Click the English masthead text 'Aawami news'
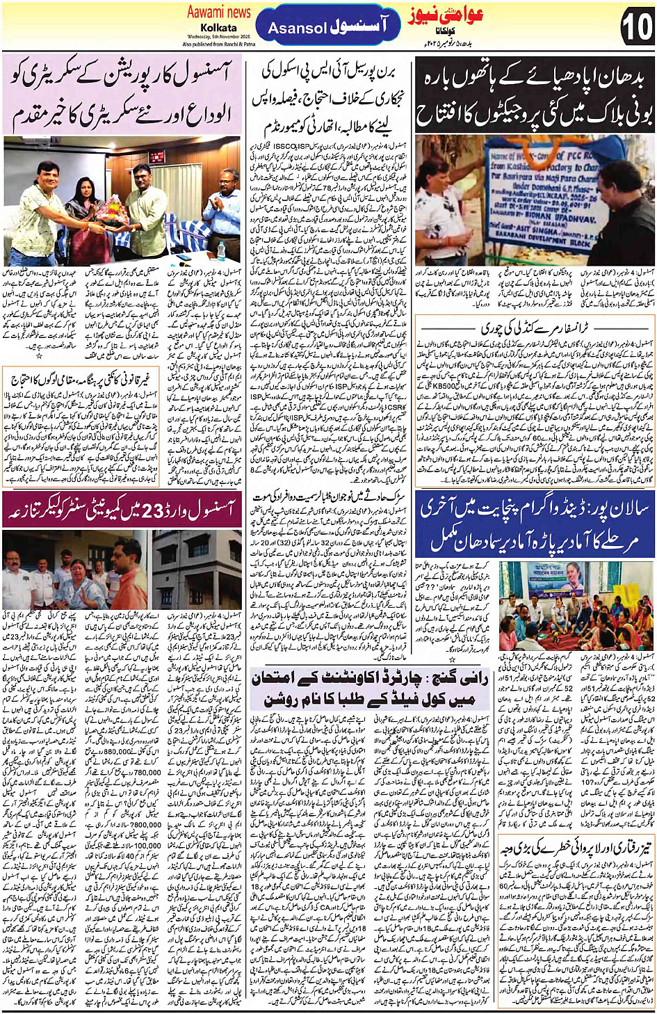(219, 12)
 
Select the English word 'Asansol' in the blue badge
(297, 29)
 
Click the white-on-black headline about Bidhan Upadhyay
(534, 98)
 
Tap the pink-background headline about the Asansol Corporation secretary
(123, 97)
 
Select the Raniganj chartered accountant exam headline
(370, 688)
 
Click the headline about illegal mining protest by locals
(123, 380)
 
